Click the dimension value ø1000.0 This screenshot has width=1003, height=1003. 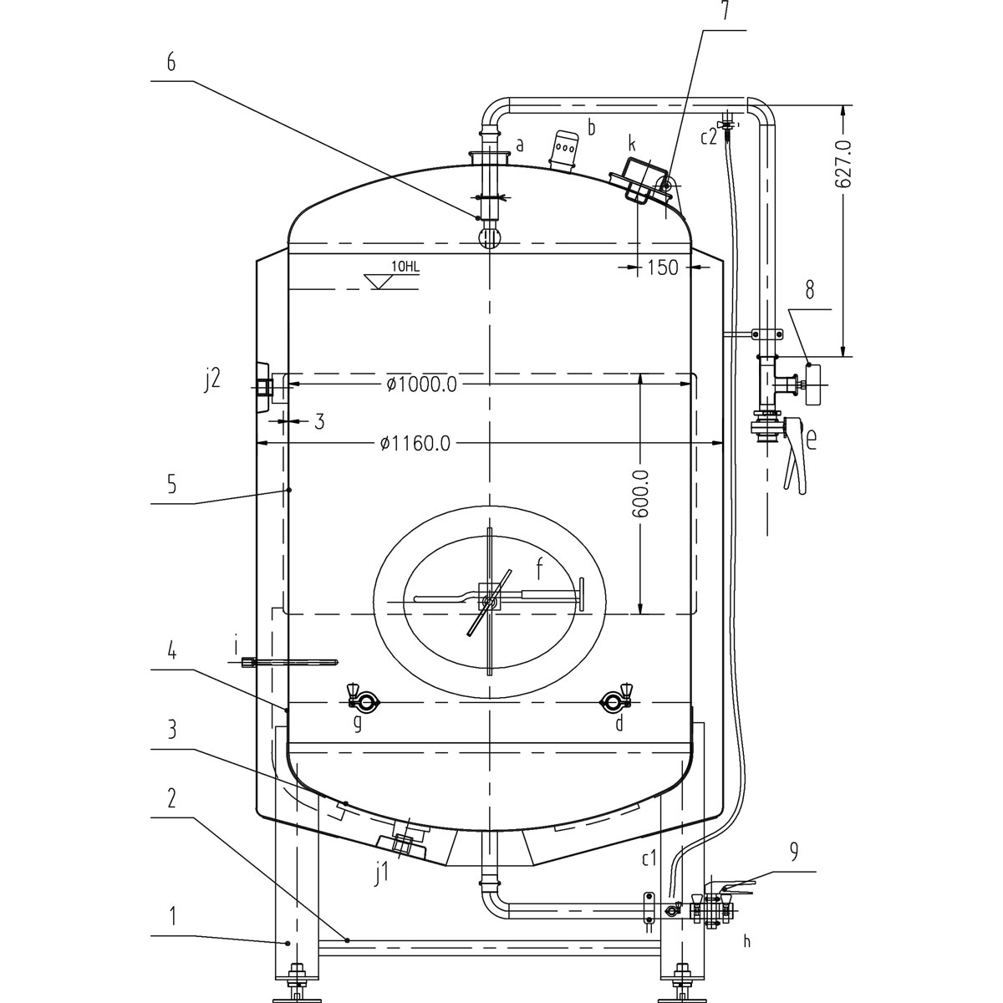coord(421,384)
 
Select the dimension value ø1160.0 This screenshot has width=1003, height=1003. coord(415,443)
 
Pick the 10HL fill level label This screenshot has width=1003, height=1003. coord(405,267)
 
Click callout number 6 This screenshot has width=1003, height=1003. coord(171,64)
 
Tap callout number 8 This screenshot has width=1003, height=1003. coord(809,292)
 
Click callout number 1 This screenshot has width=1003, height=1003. coord(172,916)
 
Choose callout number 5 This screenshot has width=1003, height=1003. coord(171,484)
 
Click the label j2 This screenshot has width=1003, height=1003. coord(212,379)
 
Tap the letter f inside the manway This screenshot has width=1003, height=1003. coord(540,569)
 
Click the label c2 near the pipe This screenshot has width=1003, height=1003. coord(709,138)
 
